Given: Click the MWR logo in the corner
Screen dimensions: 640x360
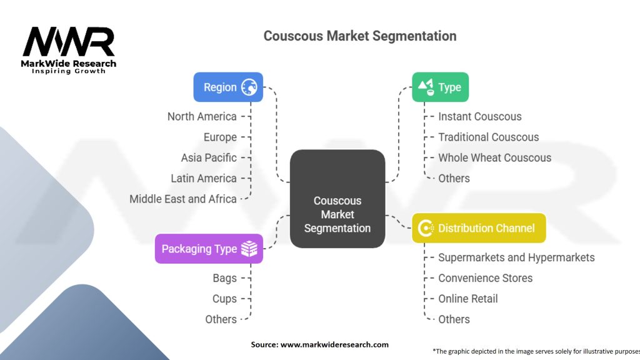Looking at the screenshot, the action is point(69,50).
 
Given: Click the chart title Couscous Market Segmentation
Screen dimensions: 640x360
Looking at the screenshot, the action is point(359,36).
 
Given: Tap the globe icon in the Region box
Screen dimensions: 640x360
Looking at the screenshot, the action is point(249,87).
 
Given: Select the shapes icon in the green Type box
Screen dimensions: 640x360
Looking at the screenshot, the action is point(426,87).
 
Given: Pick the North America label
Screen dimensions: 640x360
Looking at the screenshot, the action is point(202,116).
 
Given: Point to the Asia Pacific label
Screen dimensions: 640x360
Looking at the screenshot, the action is point(209,157).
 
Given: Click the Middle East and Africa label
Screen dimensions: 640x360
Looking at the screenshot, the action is point(183,199).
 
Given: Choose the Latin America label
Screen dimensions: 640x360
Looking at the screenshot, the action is point(204,178).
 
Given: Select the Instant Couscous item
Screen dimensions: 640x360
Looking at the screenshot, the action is point(480,116).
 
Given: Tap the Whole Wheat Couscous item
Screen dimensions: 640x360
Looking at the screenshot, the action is point(495,157).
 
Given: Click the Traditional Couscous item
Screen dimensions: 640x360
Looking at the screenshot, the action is point(489,137).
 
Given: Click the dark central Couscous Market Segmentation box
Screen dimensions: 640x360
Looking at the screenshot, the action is point(337,199).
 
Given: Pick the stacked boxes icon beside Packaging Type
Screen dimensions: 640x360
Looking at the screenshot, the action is point(249,249).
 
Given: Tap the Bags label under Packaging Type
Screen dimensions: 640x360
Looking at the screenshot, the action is point(224,278).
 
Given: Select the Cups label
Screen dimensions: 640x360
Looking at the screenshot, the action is point(224,299).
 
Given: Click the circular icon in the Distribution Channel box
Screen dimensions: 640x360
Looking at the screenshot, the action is point(426,227).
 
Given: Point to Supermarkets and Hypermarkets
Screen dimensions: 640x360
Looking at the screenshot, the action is point(516,257).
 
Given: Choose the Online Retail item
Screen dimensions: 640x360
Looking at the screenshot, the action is point(468,299).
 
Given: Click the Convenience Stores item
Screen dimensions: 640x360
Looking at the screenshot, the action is point(485,278).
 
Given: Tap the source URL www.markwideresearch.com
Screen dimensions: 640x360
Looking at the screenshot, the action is point(335,344).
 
